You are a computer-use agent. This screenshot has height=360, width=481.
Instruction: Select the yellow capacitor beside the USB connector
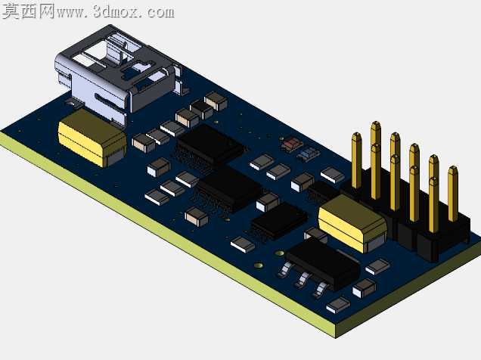[x=92, y=138]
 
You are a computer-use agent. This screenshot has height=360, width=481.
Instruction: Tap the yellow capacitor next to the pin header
[x=352, y=223]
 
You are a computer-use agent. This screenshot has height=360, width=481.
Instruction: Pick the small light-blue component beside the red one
[x=309, y=154]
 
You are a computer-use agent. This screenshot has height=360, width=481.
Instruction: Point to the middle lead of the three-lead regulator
[x=303, y=280]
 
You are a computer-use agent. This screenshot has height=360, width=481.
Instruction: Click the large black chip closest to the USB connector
[x=210, y=146]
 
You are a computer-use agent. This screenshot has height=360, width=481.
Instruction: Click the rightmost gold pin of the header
[x=453, y=194]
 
